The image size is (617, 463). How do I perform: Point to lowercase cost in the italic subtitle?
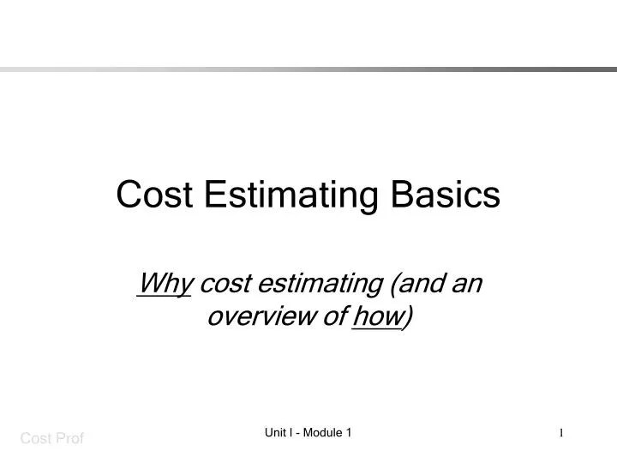tap(224, 284)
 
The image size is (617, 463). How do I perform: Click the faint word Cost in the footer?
tap(35, 440)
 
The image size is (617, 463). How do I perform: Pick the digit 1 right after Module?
tap(350, 434)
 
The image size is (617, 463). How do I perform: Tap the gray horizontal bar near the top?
tap(308, 69)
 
